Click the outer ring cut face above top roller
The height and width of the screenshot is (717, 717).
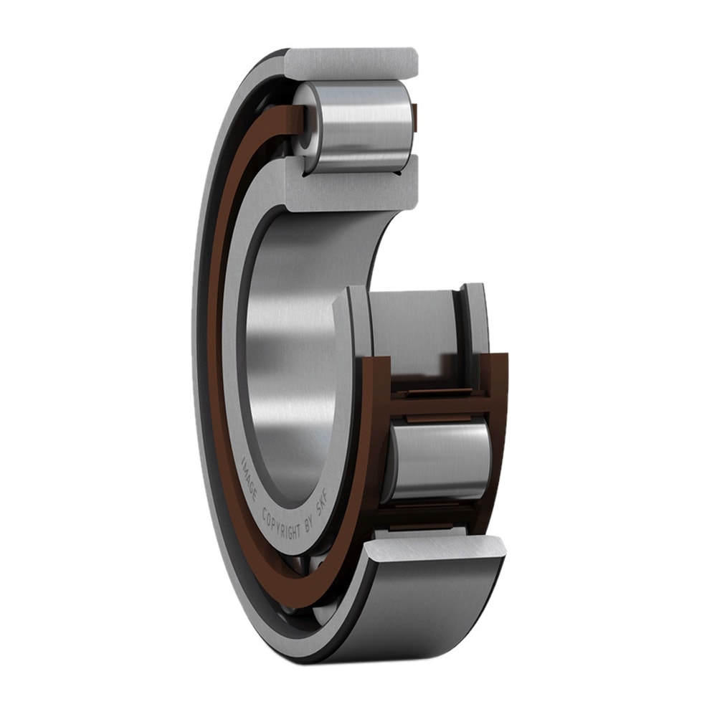[351, 63]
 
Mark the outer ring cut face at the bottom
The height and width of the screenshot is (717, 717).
[437, 549]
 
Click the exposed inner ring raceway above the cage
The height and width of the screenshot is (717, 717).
[416, 326]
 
